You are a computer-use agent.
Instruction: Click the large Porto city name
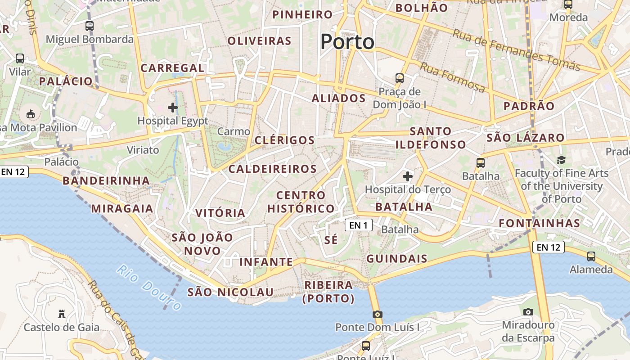pyautogui.click(x=347, y=42)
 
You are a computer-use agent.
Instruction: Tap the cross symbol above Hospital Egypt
pyautogui.click(x=173, y=108)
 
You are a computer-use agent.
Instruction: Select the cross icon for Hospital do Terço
pyautogui.click(x=408, y=176)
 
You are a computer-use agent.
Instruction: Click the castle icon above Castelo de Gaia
pyautogui.click(x=62, y=314)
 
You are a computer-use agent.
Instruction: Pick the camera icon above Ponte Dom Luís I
pyautogui.click(x=378, y=314)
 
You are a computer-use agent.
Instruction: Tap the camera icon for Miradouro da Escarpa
pyautogui.click(x=528, y=312)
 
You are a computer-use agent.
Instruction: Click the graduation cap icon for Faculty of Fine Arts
pyautogui.click(x=561, y=160)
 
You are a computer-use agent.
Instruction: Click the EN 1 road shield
pyautogui.click(x=359, y=225)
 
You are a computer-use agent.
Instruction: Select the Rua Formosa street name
pyautogui.click(x=453, y=77)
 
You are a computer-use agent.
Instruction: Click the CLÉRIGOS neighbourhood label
pyautogui.click(x=285, y=140)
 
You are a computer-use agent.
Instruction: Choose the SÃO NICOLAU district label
pyautogui.click(x=230, y=292)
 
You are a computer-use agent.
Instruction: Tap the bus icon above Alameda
pyautogui.click(x=591, y=256)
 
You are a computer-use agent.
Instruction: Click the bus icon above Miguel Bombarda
pyautogui.click(x=90, y=26)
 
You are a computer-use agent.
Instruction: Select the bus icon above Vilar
pyautogui.click(x=20, y=58)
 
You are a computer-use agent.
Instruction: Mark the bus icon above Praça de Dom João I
pyautogui.click(x=400, y=78)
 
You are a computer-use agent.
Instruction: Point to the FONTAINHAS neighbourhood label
pyautogui.click(x=540, y=223)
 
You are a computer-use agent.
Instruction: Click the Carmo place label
pyautogui.click(x=234, y=132)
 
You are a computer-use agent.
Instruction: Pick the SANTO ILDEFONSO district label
pyautogui.click(x=431, y=138)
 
